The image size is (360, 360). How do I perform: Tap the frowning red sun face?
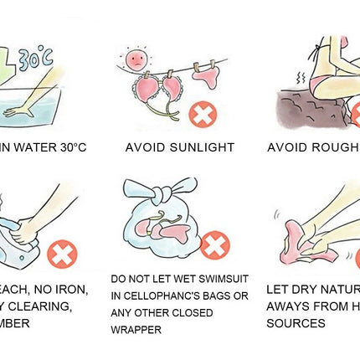(x=134, y=59)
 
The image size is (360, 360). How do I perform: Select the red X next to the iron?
(x=60, y=253)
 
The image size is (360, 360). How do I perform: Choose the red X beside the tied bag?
(x=215, y=245)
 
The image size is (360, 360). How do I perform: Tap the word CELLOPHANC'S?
(x=165, y=296)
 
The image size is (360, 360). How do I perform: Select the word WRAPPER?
(x=137, y=330)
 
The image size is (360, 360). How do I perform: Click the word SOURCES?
(x=296, y=322)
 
